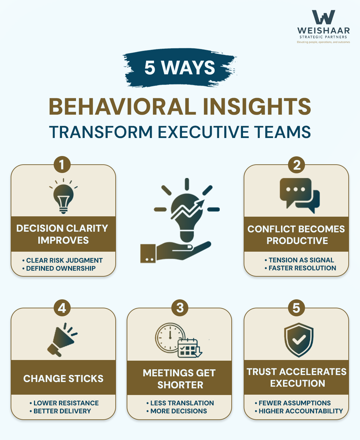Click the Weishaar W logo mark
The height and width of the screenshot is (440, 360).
(x=323, y=17)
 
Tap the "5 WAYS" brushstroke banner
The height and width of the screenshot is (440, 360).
(x=180, y=68)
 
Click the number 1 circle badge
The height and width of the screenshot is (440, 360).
(x=62, y=165)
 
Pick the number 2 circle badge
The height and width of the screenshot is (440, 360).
(x=297, y=165)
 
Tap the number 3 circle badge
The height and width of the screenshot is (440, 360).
(x=180, y=308)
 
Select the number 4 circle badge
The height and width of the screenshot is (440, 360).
(x=62, y=308)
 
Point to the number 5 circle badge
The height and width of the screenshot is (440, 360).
(x=296, y=308)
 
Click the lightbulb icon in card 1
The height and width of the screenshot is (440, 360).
(x=63, y=197)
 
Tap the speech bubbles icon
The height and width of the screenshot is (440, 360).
(x=299, y=195)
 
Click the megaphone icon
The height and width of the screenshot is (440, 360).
(x=62, y=340)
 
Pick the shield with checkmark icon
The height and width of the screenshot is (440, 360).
(x=298, y=340)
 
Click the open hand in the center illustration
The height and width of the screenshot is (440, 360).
(x=177, y=252)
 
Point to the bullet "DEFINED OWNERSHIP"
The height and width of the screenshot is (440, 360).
(x=61, y=268)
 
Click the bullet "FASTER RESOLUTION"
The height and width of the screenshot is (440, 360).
(x=302, y=268)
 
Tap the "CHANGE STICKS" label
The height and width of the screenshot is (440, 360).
(x=63, y=379)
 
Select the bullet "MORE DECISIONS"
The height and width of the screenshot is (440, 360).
(x=178, y=411)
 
